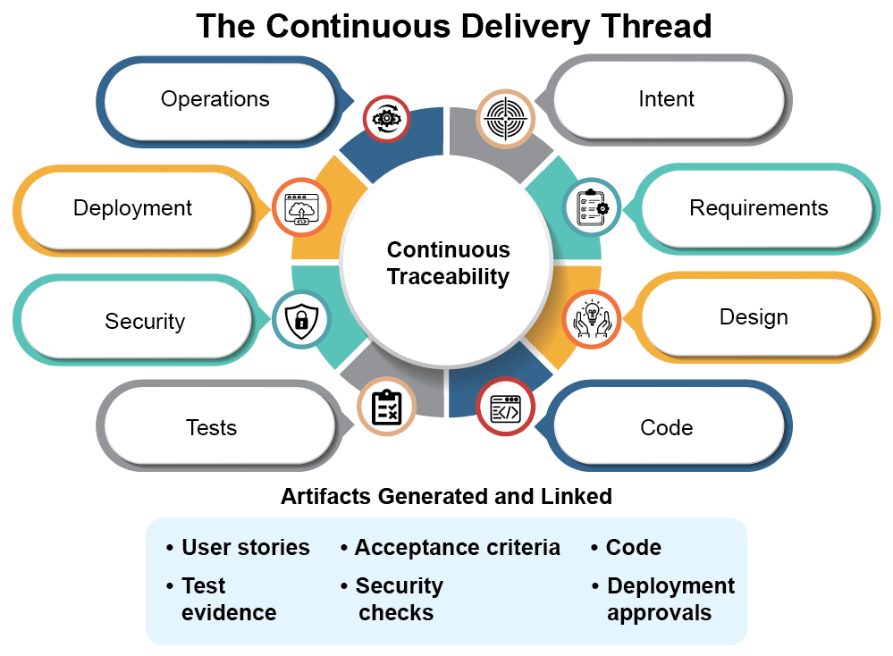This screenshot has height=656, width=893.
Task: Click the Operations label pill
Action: pos(215,99)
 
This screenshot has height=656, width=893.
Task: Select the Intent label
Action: pos(666,99)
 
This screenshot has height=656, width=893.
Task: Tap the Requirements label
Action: pos(758,208)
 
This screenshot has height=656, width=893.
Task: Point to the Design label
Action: pos(754,317)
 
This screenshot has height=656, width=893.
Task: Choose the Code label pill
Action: pos(666,427)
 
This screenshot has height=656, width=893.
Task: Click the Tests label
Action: pos(211,427)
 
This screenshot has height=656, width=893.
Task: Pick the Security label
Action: pos(145,322)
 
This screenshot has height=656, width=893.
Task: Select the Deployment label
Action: pos(132,208)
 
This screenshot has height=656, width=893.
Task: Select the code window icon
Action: pos(505,408)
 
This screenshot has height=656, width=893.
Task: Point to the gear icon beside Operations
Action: pos(386,117)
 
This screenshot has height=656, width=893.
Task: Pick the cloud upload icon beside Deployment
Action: pos(300,207)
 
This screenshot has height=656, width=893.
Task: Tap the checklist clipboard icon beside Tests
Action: pos(386,408)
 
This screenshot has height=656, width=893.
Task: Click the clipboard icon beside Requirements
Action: pos(591,207)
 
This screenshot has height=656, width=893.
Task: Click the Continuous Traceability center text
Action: pos(448,264)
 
